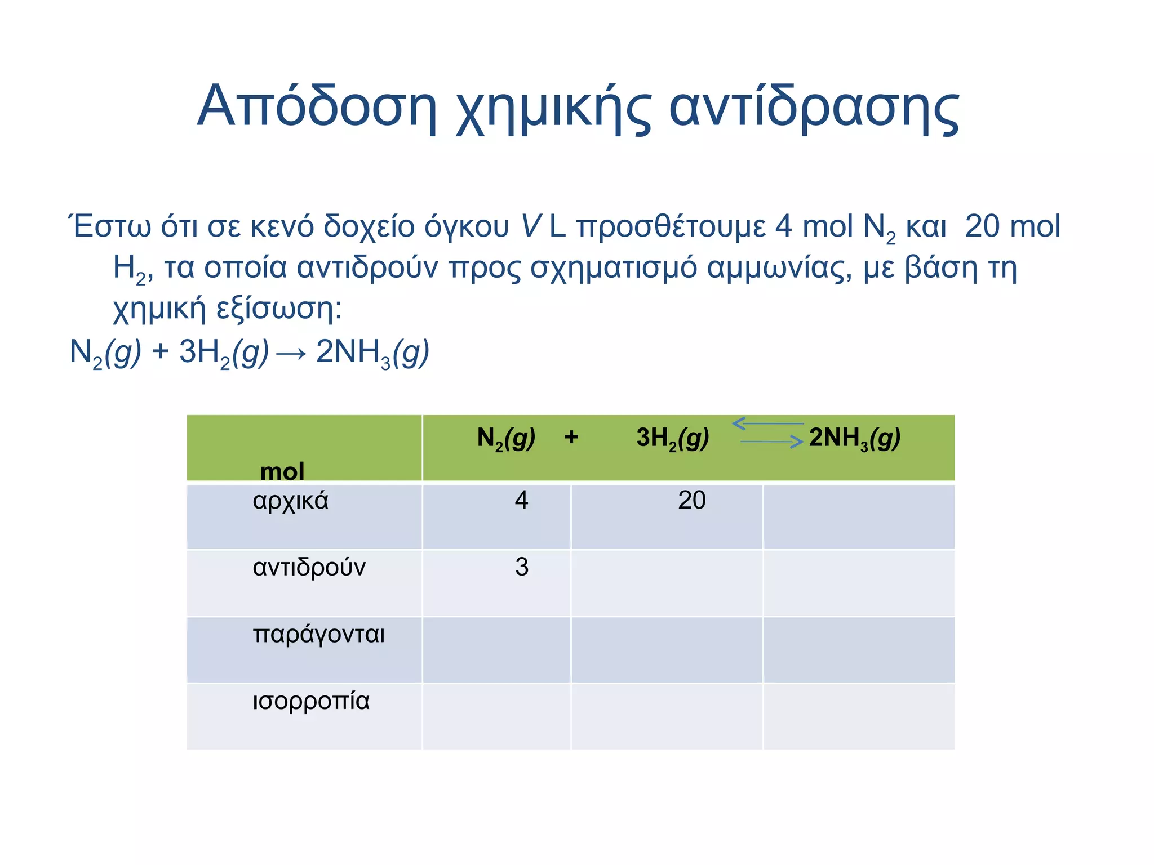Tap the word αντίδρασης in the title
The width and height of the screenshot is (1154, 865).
tap(814, 107)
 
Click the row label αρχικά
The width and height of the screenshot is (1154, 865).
tap(290, 501)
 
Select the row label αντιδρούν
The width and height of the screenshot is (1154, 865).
tap(309, 567)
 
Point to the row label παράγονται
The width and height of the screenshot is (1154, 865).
tap(318, 635)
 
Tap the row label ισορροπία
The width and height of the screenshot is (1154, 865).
tap(311, 701)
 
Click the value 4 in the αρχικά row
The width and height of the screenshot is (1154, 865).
tap(521, 500)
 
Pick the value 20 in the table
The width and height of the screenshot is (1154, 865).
tap(691, 500)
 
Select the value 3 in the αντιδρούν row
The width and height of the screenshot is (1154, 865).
tap(522, 567)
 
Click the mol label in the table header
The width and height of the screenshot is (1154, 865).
tap(282, 471)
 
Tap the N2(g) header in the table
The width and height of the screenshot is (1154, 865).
tap(506, 438)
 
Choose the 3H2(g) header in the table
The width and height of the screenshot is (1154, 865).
tap(672, 438)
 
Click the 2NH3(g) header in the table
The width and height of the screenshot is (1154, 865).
tap(854, 438)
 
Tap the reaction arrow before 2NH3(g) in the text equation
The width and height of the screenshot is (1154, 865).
tap(292, 354)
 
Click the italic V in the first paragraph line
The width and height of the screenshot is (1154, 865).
tap(530, 226)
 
